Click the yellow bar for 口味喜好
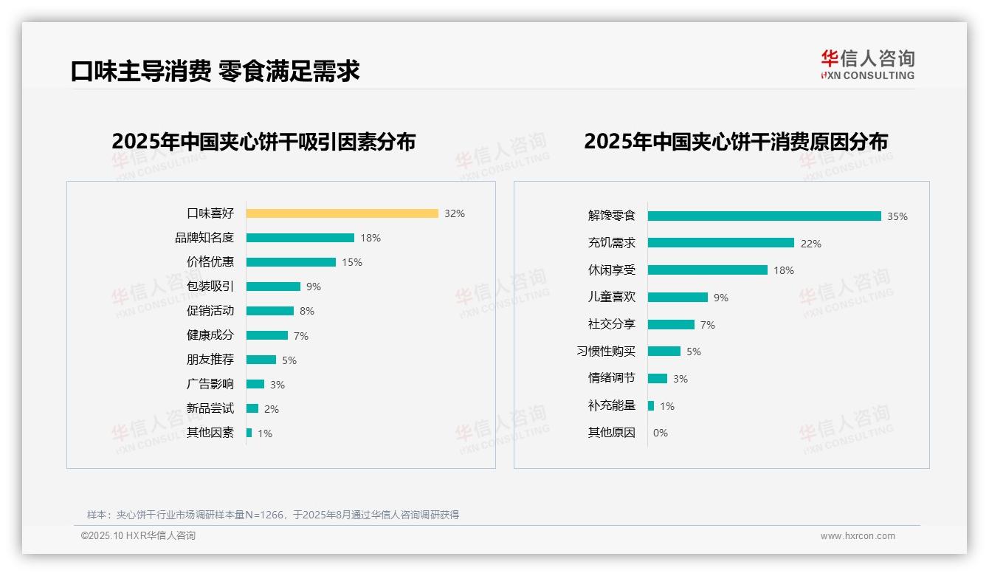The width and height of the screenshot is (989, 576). coord(342,213)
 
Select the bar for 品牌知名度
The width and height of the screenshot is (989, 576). coord(300,238)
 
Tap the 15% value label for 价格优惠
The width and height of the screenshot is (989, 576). coord(351,262)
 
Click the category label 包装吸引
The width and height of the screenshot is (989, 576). coord(210,287)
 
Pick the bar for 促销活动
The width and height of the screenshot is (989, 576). coord(269,311)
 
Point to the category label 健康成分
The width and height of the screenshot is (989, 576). coord(210,335)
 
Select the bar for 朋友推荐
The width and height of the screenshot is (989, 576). coord(261,360)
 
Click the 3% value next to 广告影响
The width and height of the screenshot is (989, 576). coord(277,385)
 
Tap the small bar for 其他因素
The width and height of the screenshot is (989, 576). coord(249,433)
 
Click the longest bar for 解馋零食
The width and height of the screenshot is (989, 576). coord(764,216)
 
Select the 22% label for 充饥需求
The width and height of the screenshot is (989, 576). coord(810,244)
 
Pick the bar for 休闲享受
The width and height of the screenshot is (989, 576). coord(707,270)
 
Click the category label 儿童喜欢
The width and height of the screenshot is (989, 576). coord(611,297)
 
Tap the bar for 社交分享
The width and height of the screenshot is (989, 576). coord(671,324)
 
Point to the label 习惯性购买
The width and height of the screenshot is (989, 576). coord(605,352)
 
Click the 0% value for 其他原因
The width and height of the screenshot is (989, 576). coord(660,433)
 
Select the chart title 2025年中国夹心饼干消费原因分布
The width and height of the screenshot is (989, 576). coord(735,141)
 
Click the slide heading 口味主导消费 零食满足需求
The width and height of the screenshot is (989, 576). coord(215,71)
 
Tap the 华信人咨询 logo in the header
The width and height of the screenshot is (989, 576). coord(867,65)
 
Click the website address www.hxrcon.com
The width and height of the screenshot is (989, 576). coord(857,536)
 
